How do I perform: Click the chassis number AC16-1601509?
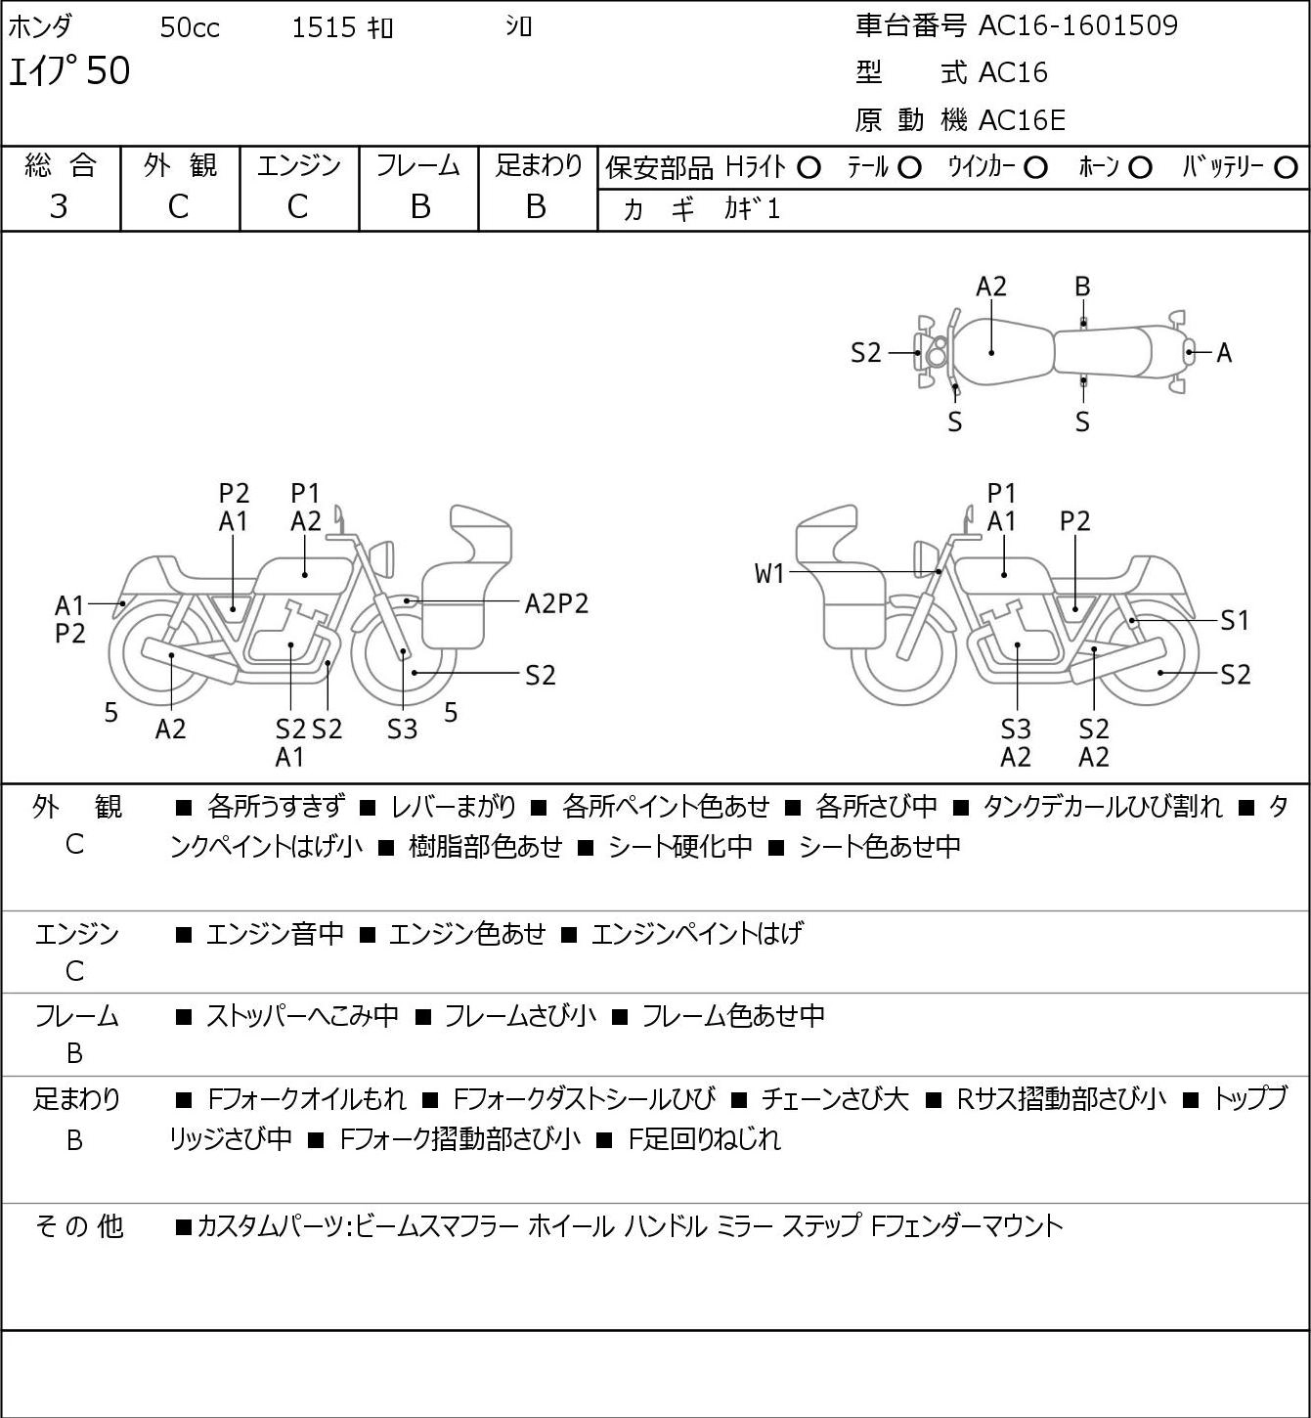(1077, 25)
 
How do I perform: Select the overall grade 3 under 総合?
(59, 206)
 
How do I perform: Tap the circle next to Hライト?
(808, 168)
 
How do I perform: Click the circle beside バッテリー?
(1286, 168)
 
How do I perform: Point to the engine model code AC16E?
(1022, 120)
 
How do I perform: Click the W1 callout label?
(769, 573)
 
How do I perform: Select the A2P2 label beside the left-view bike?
(556, 604)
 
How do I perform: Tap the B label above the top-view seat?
(1082, 288)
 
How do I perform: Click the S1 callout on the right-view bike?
(1235, 620)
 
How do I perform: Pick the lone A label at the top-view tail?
(1224, 353)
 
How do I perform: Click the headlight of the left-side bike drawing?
(382, 559)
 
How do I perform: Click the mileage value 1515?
(324, 27)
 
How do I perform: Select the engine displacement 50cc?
(190, 27)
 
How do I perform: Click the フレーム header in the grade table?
(417, 165)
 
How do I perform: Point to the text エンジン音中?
(275, 934)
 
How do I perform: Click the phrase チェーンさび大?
(834, 1099)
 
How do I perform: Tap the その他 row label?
(79, 1226)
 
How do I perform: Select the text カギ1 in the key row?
(752, 209)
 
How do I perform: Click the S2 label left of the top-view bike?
(865, 353)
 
